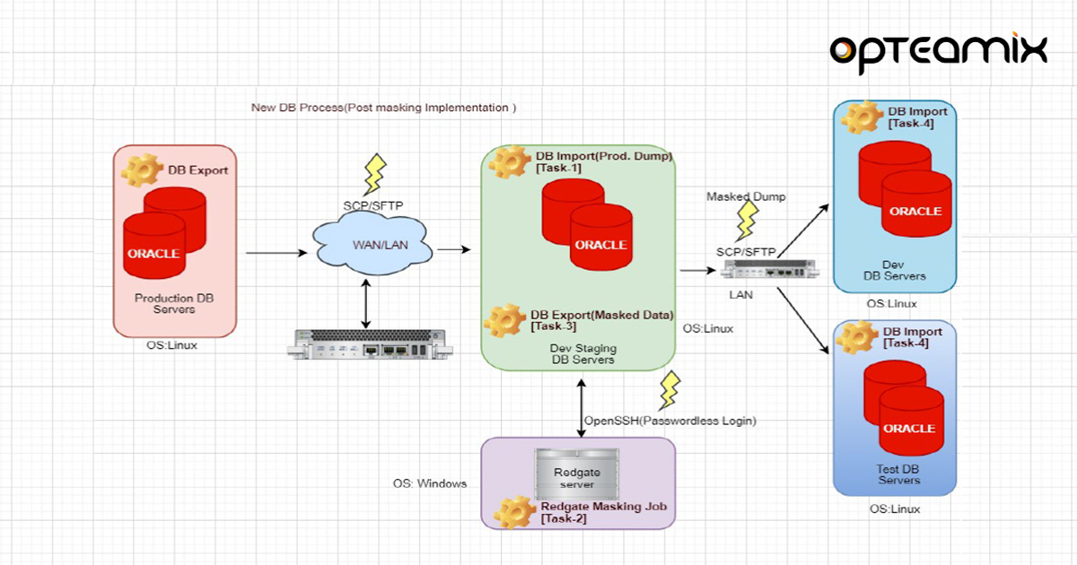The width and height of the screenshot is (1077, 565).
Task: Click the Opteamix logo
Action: pyautogui.click(x=938, y=51)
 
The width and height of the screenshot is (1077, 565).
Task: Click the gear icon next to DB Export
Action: pyautogui.click(x=141, y=169)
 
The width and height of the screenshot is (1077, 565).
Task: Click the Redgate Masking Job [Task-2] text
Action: pyautogui.click(x=602, y=512)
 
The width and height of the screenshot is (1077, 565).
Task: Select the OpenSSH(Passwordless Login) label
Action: pyautogui.click(x=670, y=421)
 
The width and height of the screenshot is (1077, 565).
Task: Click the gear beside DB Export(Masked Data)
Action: pyautogui.click(x=504, y=320)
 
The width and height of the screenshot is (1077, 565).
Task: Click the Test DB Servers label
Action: pyautogui.click(x=897, y=474)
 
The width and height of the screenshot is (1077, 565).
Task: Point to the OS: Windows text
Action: pyautogui.click(x=430, y=483)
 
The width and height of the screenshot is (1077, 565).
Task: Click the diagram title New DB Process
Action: pyautogui.click(x=383, y=108)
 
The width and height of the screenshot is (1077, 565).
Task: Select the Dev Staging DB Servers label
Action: pyautogui.click(x=582, y=353)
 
